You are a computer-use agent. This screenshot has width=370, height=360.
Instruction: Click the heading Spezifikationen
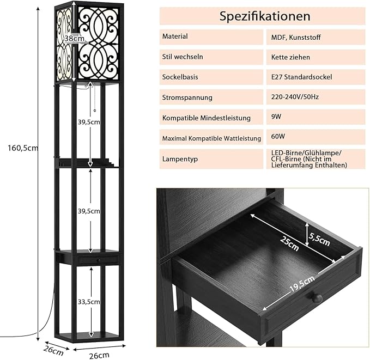click(264, 16)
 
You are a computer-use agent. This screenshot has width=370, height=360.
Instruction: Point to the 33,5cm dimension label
click(88, 301)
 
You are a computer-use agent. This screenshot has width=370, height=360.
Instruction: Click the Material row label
click(175, 36)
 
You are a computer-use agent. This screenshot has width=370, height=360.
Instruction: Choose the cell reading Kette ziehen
click(291, 57)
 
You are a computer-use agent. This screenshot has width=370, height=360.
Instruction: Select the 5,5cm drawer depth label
click(320, 237)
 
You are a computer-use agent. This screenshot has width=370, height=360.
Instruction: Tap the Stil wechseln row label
click(183, 57)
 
